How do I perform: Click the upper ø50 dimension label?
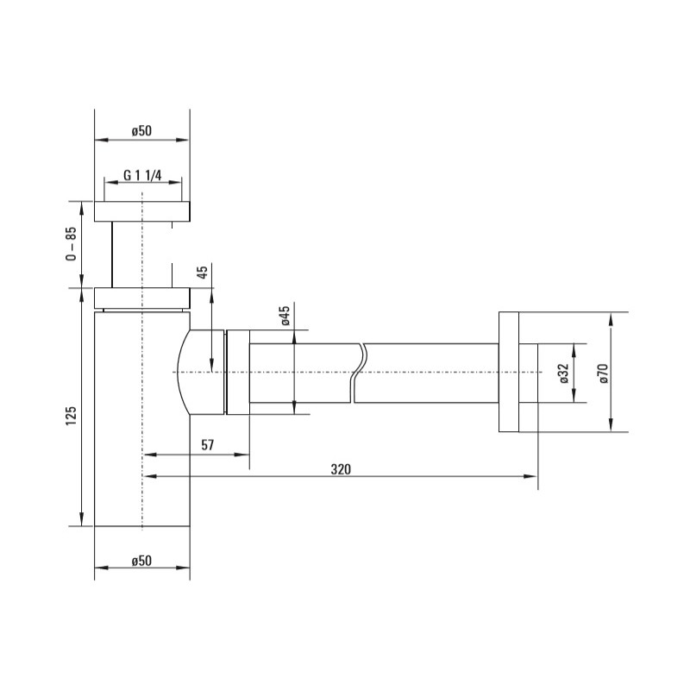point(141,131)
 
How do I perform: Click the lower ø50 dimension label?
point(141,561)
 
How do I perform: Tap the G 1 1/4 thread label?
point(142,175)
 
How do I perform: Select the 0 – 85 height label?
point(71,244)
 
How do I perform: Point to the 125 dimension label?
point(71,416)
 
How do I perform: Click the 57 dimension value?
point(208,445)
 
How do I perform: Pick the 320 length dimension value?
point(341,469)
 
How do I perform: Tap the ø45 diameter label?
point(285,316)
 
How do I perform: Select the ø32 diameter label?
point(565,373)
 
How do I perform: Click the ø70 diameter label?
point(603,373)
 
